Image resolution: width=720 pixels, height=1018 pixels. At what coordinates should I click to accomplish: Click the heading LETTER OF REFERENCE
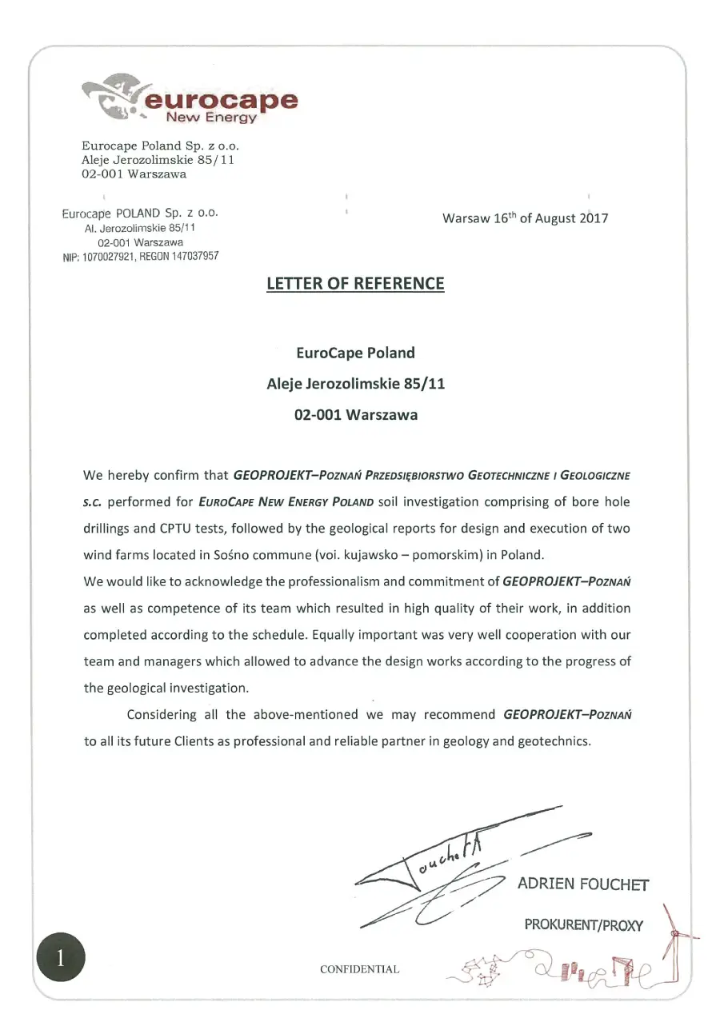pyautogui.click(x=355, y=283)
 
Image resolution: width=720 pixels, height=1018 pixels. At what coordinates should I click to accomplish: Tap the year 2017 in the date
pyautogui.click(x=594, y=218)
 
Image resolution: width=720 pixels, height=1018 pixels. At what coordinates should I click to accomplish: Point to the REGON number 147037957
pyautogui.click(x=190, y=257)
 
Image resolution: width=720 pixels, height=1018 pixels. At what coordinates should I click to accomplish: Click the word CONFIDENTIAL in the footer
pyautogui.click(x=359, y=969)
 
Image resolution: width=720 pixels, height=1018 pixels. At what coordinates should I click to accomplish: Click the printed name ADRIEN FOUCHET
pyautogui.click(x=582, y=884)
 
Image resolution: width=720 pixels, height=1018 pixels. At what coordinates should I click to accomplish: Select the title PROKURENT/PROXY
pyautogui.click(x=583, y=924)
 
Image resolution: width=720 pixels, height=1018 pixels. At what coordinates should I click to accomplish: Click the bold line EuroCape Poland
pyautogui.click(x=355, y=353)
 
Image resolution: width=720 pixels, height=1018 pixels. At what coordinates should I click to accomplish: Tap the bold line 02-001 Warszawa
pyautogui.click(x=355, y=415)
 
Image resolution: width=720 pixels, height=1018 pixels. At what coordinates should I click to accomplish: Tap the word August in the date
pyautogui.click(x=557, y=218)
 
